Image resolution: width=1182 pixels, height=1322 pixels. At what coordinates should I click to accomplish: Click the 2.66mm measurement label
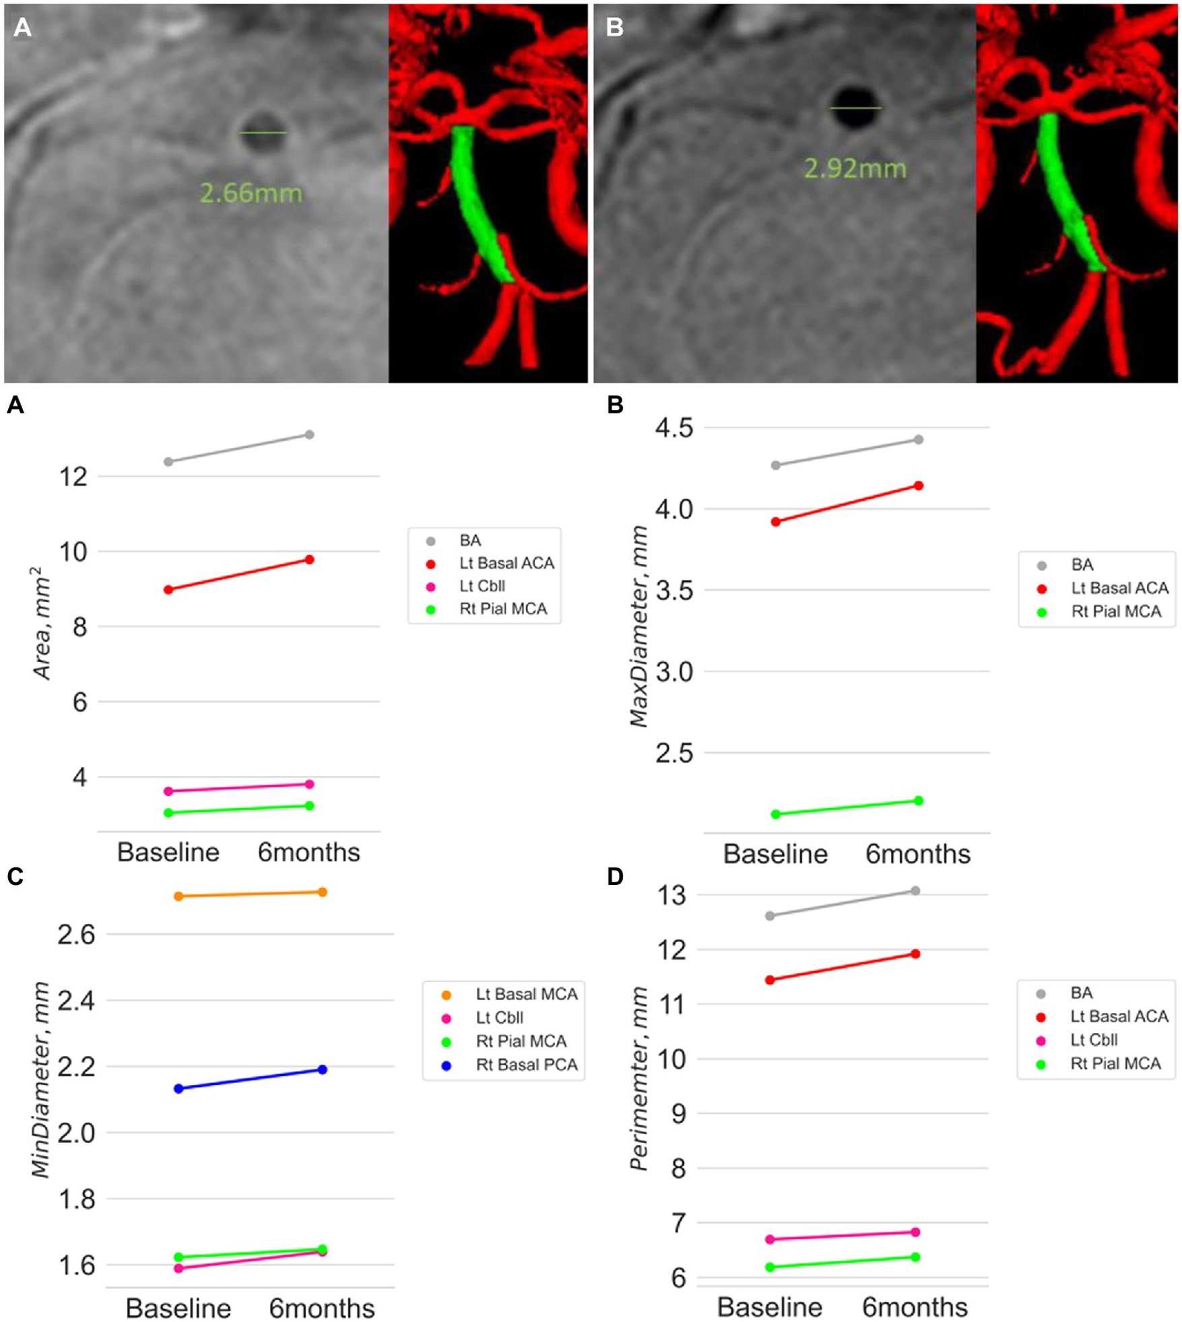(251, 193)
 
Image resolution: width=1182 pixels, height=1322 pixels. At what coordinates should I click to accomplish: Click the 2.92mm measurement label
(855, 168)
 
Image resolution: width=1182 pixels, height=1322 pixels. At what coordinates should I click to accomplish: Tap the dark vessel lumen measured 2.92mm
(855, 108)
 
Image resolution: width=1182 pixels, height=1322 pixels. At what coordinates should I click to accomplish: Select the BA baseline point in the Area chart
(168, 461)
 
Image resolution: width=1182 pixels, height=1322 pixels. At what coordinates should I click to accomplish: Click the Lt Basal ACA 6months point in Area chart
(309, 559)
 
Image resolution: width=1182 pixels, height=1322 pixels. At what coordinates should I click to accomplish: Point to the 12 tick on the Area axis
(73, 477)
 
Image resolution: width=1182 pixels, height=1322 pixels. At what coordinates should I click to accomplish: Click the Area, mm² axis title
(41, 623)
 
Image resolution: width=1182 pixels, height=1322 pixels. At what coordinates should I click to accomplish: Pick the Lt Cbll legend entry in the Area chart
(482, 586)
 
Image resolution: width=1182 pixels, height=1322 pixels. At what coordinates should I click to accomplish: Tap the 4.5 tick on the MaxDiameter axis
(674, 428)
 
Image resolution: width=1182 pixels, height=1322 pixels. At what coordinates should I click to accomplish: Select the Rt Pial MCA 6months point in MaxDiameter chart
(918, 800)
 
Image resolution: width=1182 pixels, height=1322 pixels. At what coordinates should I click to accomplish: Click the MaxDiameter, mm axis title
(638, 626)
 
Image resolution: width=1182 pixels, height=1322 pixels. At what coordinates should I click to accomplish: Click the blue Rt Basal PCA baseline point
(178, 1088)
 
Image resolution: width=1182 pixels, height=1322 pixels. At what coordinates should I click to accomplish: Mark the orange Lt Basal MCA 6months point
(322, 892)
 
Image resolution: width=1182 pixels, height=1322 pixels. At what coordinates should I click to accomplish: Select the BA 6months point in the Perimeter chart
(915, 890)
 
